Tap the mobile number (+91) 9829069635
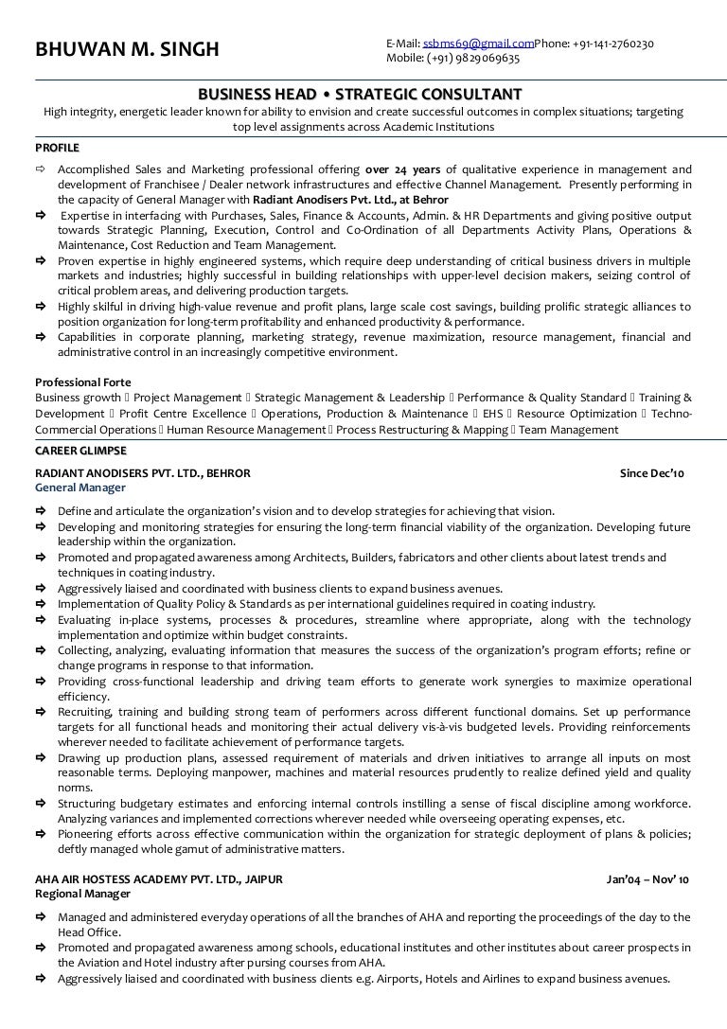pos(471,58)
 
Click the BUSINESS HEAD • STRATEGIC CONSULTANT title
pos(363,95)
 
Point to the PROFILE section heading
pos(57,149)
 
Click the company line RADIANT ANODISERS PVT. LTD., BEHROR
pos(143,472)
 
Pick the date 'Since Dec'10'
pos(655,472)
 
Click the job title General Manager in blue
pos(80,488)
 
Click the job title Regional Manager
pos(82,894)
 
